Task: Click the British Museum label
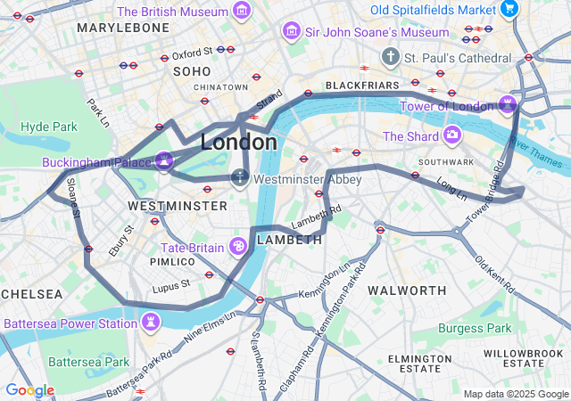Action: [172, 12]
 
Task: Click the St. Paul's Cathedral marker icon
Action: [390, 58]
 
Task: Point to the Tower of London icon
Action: [508, 106]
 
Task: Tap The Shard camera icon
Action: [452, 135]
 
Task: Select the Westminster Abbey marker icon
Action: [239, 178]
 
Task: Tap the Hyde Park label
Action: [49, 127]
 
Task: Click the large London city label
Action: [238, 143]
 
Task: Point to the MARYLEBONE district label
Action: [123, 28]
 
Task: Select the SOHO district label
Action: [192, 71]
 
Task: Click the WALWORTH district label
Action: [407, 291]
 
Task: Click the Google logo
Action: [29, 390]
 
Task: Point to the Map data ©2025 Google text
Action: [516, 394]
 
